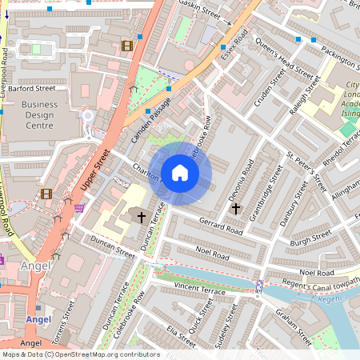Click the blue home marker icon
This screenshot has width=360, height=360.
click(x=180, y=173)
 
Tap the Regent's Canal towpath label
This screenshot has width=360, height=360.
click(x=316, y=281)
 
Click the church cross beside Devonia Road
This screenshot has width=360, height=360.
click(x=235, y=209)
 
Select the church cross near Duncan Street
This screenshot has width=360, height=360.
click(x=142, y=217)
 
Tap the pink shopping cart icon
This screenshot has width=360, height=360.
click(x=79, y=208)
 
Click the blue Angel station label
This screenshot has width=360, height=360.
click(x=38, y=319)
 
